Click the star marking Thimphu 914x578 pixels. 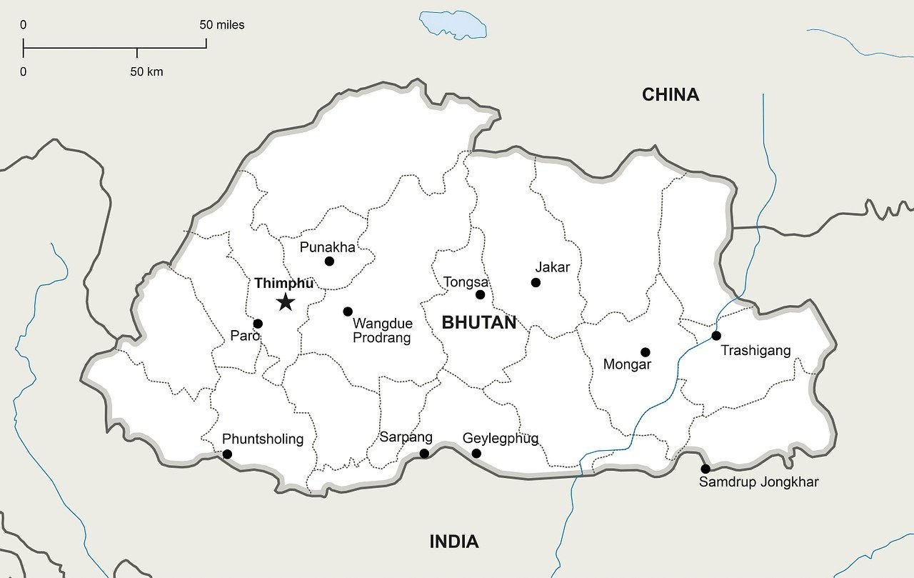point(286,302)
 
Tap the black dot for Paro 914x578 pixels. point(258,324)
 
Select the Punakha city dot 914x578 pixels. point(329,261)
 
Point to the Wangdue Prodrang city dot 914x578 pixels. point(348,312)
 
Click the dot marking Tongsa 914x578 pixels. point(480,294)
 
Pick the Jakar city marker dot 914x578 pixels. point(536,283)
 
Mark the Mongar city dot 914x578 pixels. point(646,352)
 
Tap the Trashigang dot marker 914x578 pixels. point(716,336)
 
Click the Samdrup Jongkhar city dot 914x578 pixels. point(705,469)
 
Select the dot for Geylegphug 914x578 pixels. point(476,454)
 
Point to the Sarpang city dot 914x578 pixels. point(424,454)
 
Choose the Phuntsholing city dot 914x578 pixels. point(227,454)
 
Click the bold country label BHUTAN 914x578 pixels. point(478,322)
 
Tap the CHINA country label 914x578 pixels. point(670,94)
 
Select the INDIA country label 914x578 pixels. point(453,542)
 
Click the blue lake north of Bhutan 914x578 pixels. point(453,24)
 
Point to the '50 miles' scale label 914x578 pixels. point(221,25)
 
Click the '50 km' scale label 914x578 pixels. point(146,71)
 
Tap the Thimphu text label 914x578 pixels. point(283,284)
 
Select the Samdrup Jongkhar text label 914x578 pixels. point(758,482)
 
